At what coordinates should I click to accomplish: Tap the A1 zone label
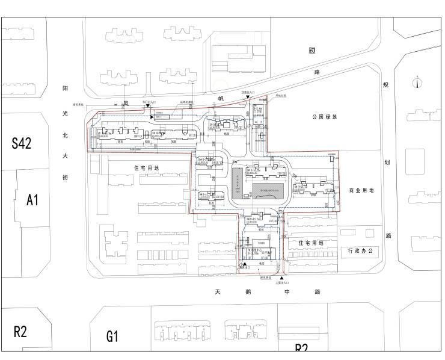(x=32, y=200)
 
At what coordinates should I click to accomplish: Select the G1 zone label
(x=112, y=335)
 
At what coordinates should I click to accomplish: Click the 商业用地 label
(x=361, y=190)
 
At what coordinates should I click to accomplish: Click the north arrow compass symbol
(x=417, y=82)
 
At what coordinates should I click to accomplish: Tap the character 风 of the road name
(x=126, y=104)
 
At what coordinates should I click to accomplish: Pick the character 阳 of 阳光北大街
(x=65, y=88)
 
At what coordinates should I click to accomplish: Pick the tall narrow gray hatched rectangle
(x=238, y=184)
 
